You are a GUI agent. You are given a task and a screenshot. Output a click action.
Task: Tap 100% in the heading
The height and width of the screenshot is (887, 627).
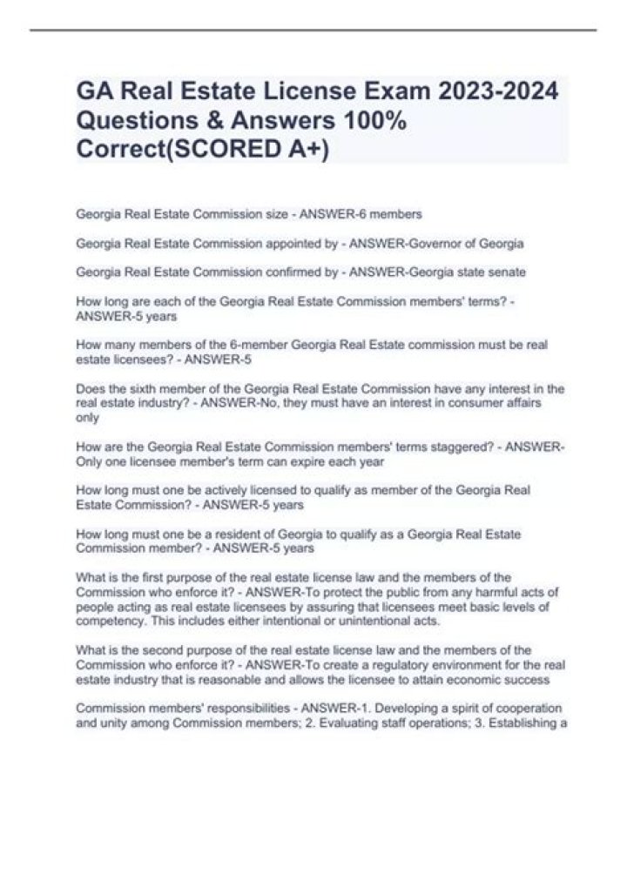coord(374,120)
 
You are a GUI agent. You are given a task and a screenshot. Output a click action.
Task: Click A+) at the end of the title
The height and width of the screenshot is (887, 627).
coord(309,149)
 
